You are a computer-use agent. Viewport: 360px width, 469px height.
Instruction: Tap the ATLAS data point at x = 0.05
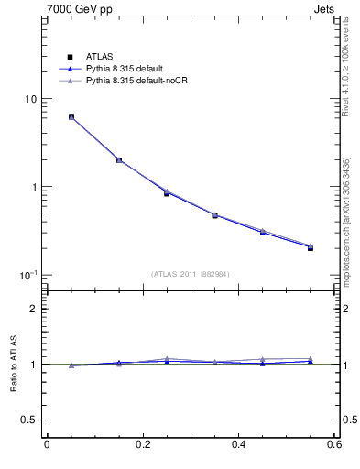coord(71,117)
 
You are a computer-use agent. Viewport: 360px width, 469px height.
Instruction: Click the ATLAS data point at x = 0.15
coord(119,160)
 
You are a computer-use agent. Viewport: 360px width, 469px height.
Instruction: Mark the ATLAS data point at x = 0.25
coord(167,193)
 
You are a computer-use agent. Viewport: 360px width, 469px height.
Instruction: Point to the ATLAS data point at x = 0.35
coord(214,215)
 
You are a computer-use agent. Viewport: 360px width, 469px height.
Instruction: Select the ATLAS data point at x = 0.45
coord(262,233)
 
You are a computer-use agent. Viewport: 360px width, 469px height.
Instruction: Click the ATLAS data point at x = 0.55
coord(310,247)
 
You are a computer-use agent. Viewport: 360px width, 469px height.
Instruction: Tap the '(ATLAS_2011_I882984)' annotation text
coord(191,274)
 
